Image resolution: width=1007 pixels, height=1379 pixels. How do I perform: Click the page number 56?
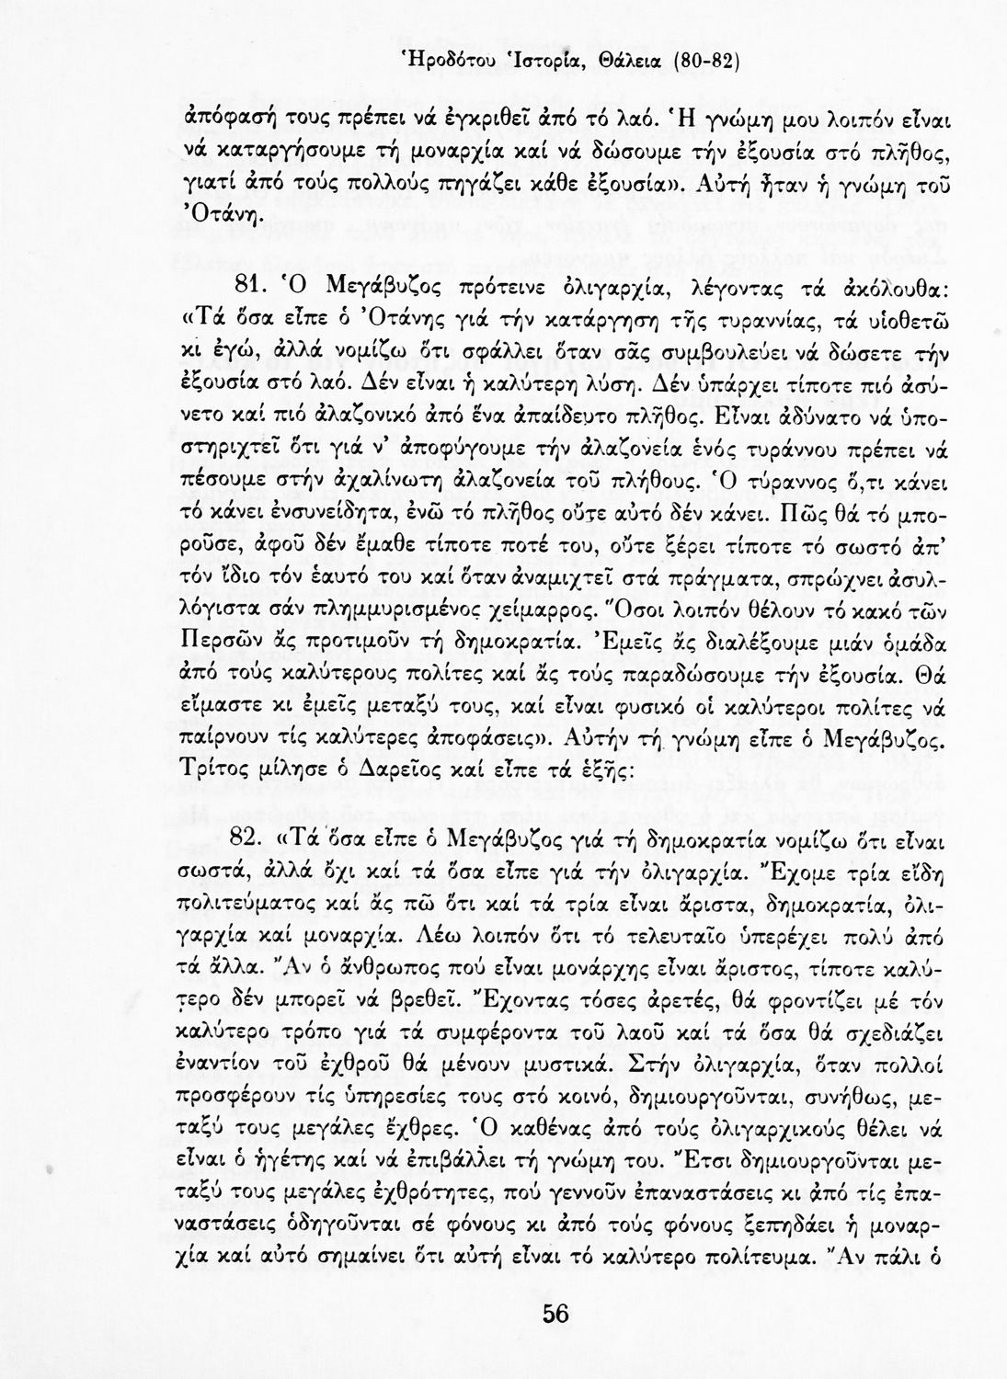555,1314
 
